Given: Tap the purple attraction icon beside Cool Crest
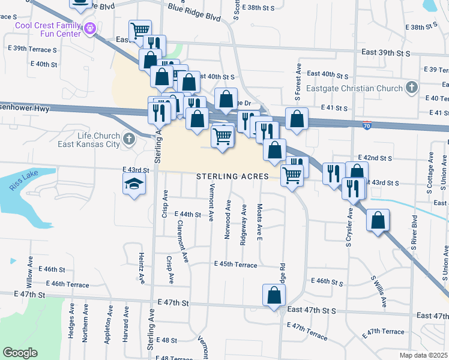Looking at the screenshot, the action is tap(91, 28).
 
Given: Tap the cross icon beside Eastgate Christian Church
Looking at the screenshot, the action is tap(411, 88).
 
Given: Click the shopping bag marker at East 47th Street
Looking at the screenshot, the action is tap(274, 295).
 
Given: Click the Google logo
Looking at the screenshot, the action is tap(20, 353).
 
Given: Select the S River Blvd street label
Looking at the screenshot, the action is tap(414, 227).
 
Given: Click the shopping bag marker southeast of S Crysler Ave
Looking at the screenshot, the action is tap(378, 221).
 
